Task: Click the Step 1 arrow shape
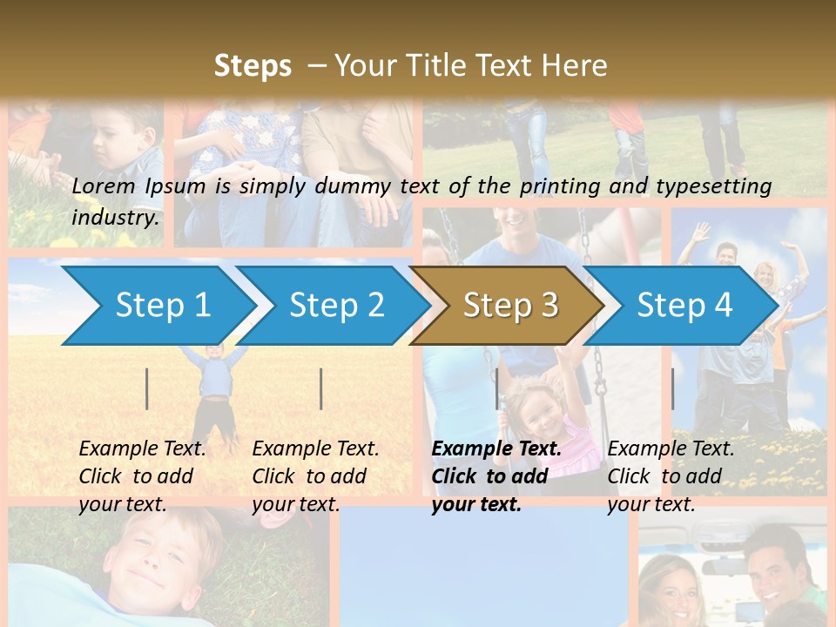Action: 162,305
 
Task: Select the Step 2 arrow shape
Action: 336,305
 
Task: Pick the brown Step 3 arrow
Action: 510,305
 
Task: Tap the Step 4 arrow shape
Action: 684,305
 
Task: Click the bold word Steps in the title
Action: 253,65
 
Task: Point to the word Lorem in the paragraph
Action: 103,185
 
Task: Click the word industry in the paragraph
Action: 114,218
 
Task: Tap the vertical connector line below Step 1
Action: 147,388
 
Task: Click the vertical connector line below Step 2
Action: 321,388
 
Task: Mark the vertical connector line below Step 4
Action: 672,388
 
